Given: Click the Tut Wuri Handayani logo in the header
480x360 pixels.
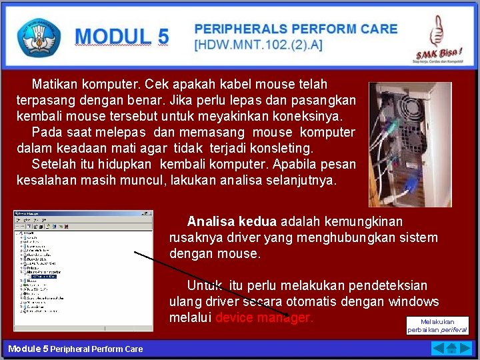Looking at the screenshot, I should (x=39, y=37).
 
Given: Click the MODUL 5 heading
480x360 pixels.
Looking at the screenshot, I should (x=122, y=37).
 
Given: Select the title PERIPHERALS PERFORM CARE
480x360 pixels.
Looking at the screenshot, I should (x=295, y=29).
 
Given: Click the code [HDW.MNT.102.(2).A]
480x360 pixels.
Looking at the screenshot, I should (x=257, y=45).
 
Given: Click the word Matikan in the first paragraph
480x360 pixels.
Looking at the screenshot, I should (x=55, y=85).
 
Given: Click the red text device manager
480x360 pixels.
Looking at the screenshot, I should (x=263, y=317).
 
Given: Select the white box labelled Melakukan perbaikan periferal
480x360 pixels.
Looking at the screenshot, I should (x=437, y=325).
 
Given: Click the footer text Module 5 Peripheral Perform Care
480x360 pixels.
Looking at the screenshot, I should (x=75, y=349).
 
